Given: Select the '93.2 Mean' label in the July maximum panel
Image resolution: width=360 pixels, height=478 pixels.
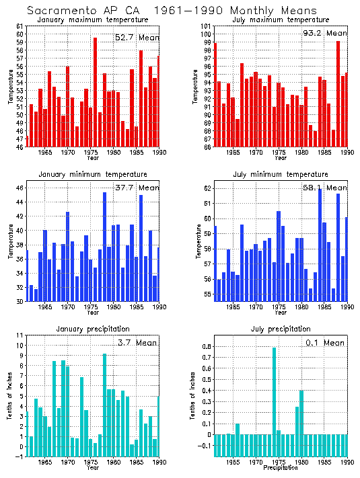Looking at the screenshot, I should click(326, 33).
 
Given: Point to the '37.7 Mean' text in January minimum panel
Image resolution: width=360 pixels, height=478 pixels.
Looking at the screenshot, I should click(137, 188).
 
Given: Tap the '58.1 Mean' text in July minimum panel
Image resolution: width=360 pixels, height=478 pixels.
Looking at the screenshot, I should click(326, 188).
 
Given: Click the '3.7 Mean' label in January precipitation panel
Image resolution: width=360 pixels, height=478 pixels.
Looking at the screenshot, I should click(137, 342).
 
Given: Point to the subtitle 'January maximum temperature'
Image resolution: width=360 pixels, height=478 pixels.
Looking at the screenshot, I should click(93, 20).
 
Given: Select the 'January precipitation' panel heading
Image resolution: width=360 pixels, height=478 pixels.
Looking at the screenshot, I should click(93, 329).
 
